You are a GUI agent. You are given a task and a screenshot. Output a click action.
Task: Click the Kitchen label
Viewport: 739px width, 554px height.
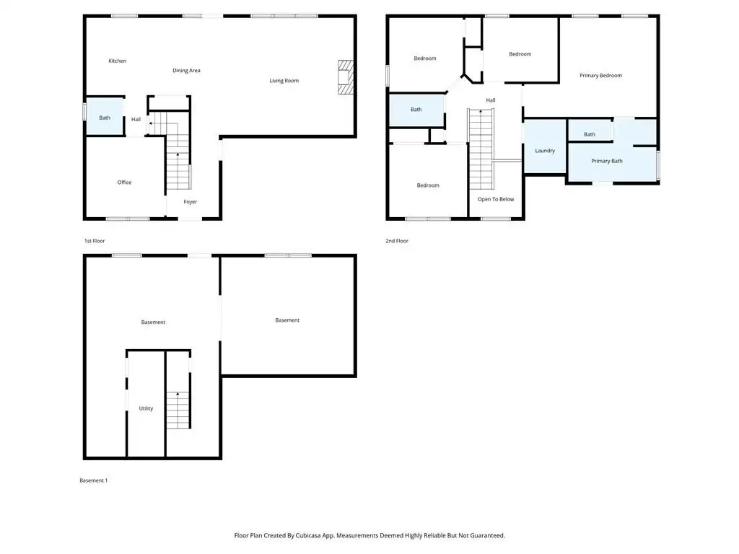coord(118,61)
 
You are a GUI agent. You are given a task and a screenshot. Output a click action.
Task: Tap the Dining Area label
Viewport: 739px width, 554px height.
coord(186,71)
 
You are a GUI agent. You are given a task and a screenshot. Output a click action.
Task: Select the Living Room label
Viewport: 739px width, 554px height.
coord(284,81)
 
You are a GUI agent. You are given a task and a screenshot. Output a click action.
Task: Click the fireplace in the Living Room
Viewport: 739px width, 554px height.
coord(346,76)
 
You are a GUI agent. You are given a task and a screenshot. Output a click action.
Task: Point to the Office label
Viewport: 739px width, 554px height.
coord(124,183)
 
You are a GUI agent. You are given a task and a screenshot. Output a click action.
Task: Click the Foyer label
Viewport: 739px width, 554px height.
coord(190,202)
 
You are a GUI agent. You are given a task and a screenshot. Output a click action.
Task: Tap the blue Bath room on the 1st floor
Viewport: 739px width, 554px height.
coord(105,117)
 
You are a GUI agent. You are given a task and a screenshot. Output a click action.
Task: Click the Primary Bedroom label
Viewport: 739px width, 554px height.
coord(600,75)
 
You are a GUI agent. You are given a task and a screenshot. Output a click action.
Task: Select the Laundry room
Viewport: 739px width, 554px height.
coord(545,146)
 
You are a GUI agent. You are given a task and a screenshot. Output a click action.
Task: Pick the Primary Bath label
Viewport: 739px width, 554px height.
coord(606,161)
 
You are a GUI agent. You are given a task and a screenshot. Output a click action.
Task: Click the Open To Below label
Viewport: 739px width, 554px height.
coord(496,199)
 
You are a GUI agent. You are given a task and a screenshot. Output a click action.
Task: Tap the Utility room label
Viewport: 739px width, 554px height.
coord(146,408)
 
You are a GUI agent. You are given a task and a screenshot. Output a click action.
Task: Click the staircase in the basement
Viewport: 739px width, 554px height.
coord(178,410)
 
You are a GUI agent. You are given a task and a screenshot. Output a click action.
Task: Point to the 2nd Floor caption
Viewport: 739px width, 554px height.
coord(397,241)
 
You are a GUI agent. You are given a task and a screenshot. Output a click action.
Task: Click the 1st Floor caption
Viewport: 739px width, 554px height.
coord(95,241)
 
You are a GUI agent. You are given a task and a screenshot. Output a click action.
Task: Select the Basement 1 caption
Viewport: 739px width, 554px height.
coord(93,480)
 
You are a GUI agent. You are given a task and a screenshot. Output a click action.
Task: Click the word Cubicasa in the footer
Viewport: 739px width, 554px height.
coord(308,536)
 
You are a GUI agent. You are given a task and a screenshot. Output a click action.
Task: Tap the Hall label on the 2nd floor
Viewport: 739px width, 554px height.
coord(491,100)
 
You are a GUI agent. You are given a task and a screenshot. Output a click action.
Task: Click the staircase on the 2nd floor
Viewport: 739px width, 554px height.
coord(481,149)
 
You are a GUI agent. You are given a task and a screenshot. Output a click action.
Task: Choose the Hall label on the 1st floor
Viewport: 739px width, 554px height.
coord(136,120)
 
